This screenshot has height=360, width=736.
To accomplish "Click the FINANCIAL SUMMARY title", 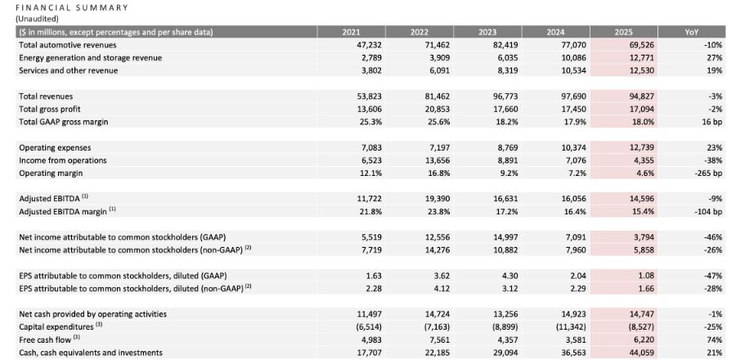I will (72, 7).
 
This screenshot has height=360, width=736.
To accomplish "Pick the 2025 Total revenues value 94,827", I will (625, 96).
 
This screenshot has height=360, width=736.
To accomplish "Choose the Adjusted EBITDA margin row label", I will (67, 211).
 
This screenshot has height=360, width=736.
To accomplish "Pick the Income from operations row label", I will (62, 160).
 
